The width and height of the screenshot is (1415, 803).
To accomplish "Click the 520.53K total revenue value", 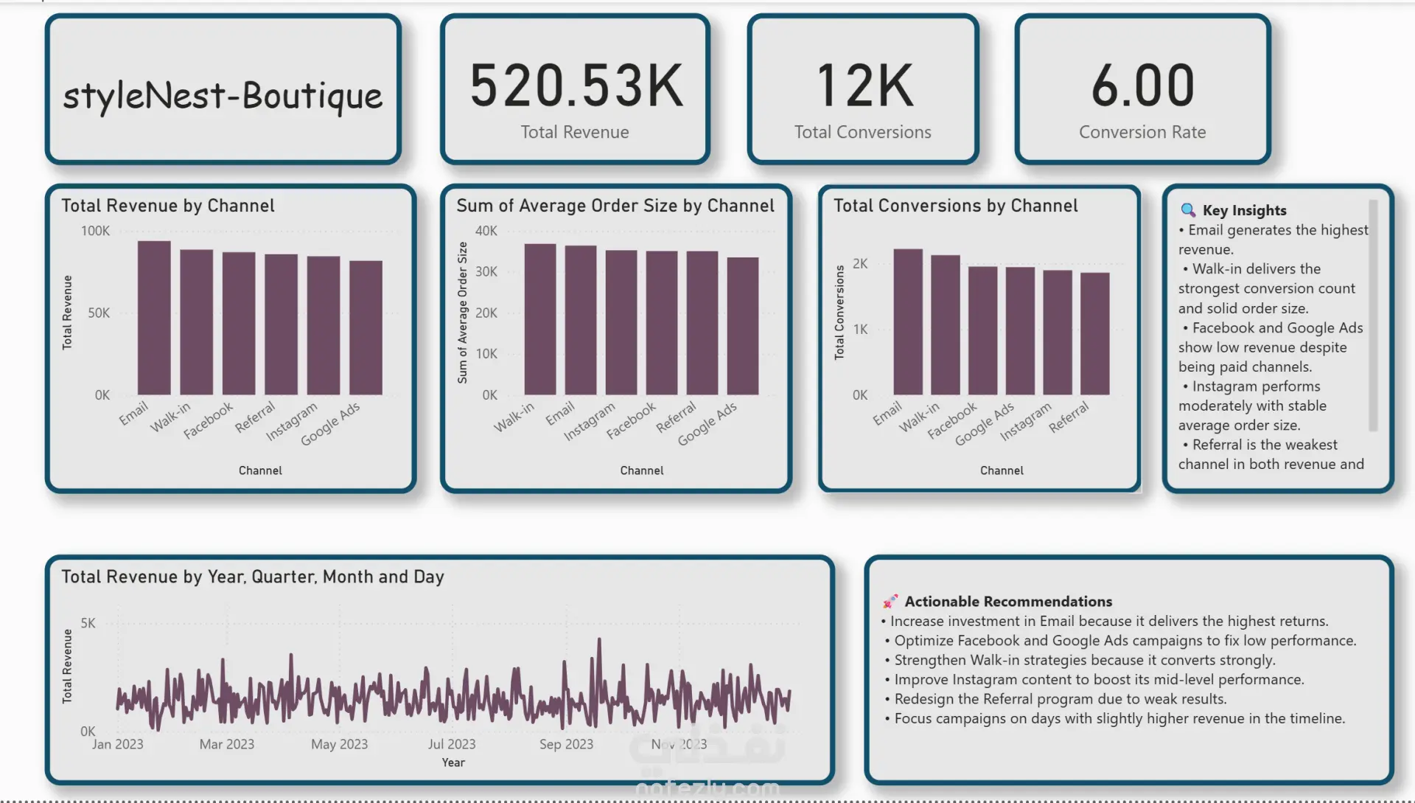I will click(x=576, y=86).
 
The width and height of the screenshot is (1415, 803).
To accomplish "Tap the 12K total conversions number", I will click(x=864, y=86).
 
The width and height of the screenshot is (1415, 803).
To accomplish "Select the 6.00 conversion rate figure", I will click(x=1142, y=86).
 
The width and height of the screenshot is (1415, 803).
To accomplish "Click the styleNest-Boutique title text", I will click(x=223, y=96).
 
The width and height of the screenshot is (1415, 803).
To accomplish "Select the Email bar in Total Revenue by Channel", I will click(x=154, y=318).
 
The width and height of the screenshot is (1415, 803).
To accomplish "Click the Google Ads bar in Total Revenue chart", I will click(x=366, y=327).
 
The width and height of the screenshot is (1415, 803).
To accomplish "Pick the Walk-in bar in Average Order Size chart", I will click(x=540, y=319).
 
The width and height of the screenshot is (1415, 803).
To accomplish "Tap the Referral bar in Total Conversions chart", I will click(x=1094, y=333).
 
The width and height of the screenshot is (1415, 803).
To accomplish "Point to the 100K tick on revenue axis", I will click(x=95, y=231).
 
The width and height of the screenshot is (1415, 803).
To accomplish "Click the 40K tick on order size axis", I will click(x=486, y=231).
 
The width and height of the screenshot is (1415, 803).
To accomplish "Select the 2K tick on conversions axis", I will click(x=860, y=264).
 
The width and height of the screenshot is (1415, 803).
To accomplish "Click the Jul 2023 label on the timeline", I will click(x=452, y=744).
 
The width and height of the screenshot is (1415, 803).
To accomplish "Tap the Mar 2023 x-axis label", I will click(x=226, y=744).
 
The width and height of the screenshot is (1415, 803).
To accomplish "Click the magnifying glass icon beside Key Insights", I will click(x=1188, y=210).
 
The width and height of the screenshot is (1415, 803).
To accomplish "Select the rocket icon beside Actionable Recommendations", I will click(x=890, y=601).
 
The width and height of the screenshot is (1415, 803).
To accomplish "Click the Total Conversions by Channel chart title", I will click(x=955, y=206).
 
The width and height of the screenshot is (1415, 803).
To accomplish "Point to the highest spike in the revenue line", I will click(x=599, y=640).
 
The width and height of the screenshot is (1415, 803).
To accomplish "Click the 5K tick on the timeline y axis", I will click(x=88, y=623).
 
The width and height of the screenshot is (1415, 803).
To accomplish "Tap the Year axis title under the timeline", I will click(x=453, y=762).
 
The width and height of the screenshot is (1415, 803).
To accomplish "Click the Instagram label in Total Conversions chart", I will click(x=1026, y=422).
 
